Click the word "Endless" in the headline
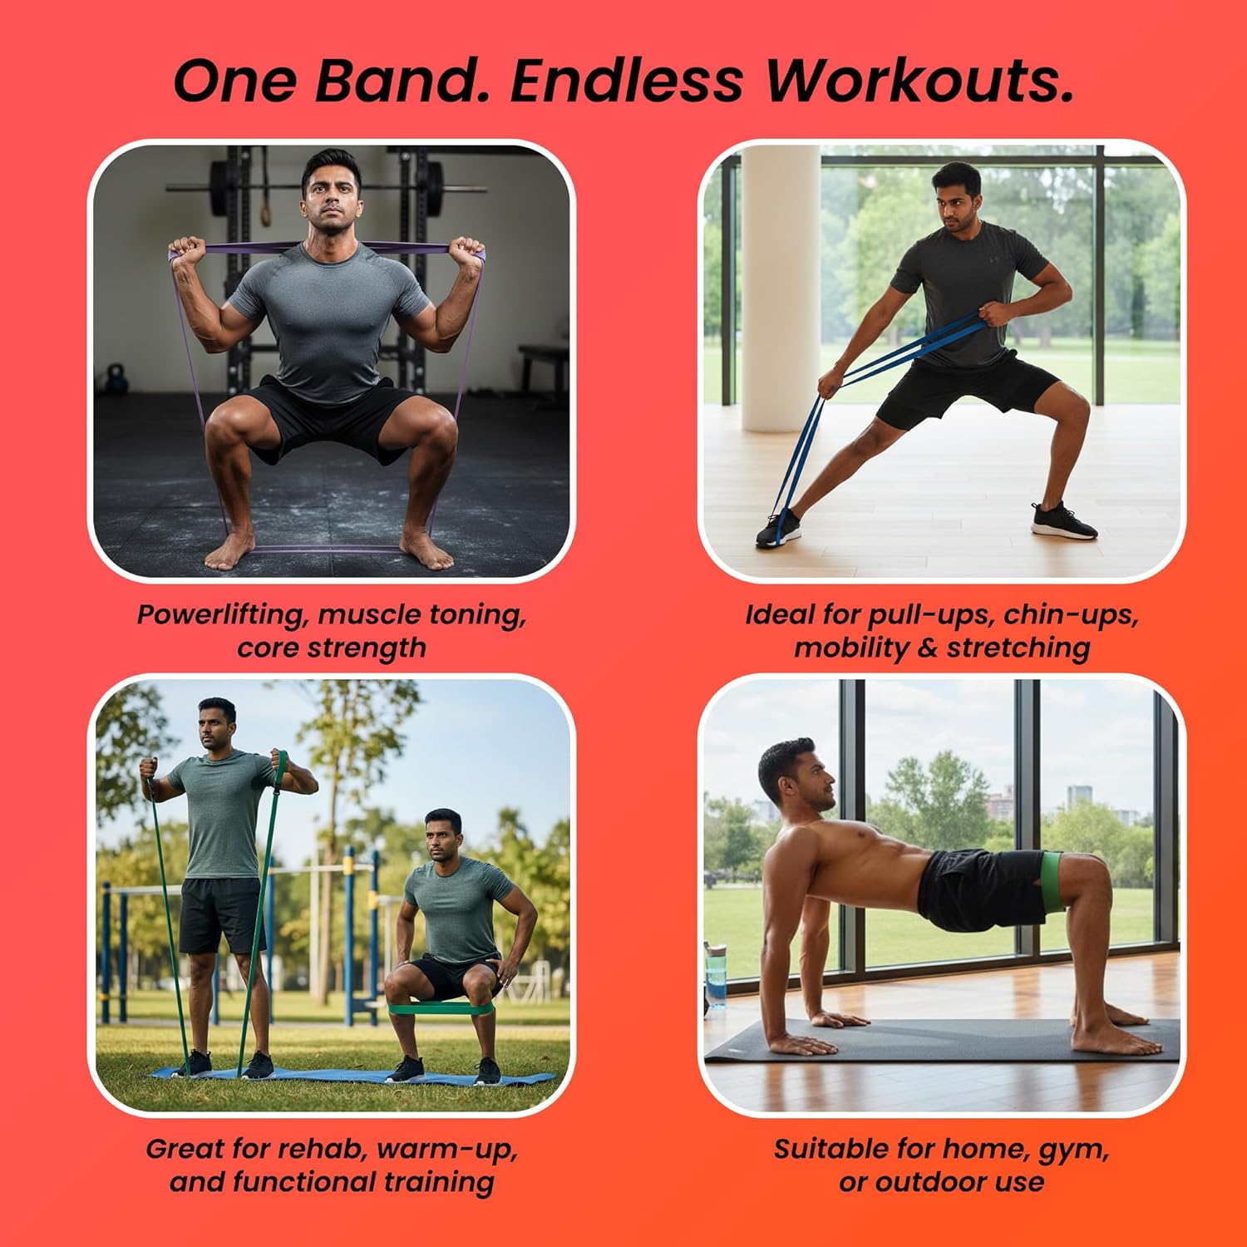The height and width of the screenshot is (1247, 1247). click(x=628, y=81)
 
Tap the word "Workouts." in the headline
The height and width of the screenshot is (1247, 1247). click(x=919, y=81)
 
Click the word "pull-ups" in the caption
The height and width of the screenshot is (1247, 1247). click(x=930, y=615)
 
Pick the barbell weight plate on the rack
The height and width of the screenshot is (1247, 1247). click(x=219, y=187)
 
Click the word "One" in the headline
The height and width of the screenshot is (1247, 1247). click(x=234, y=81)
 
